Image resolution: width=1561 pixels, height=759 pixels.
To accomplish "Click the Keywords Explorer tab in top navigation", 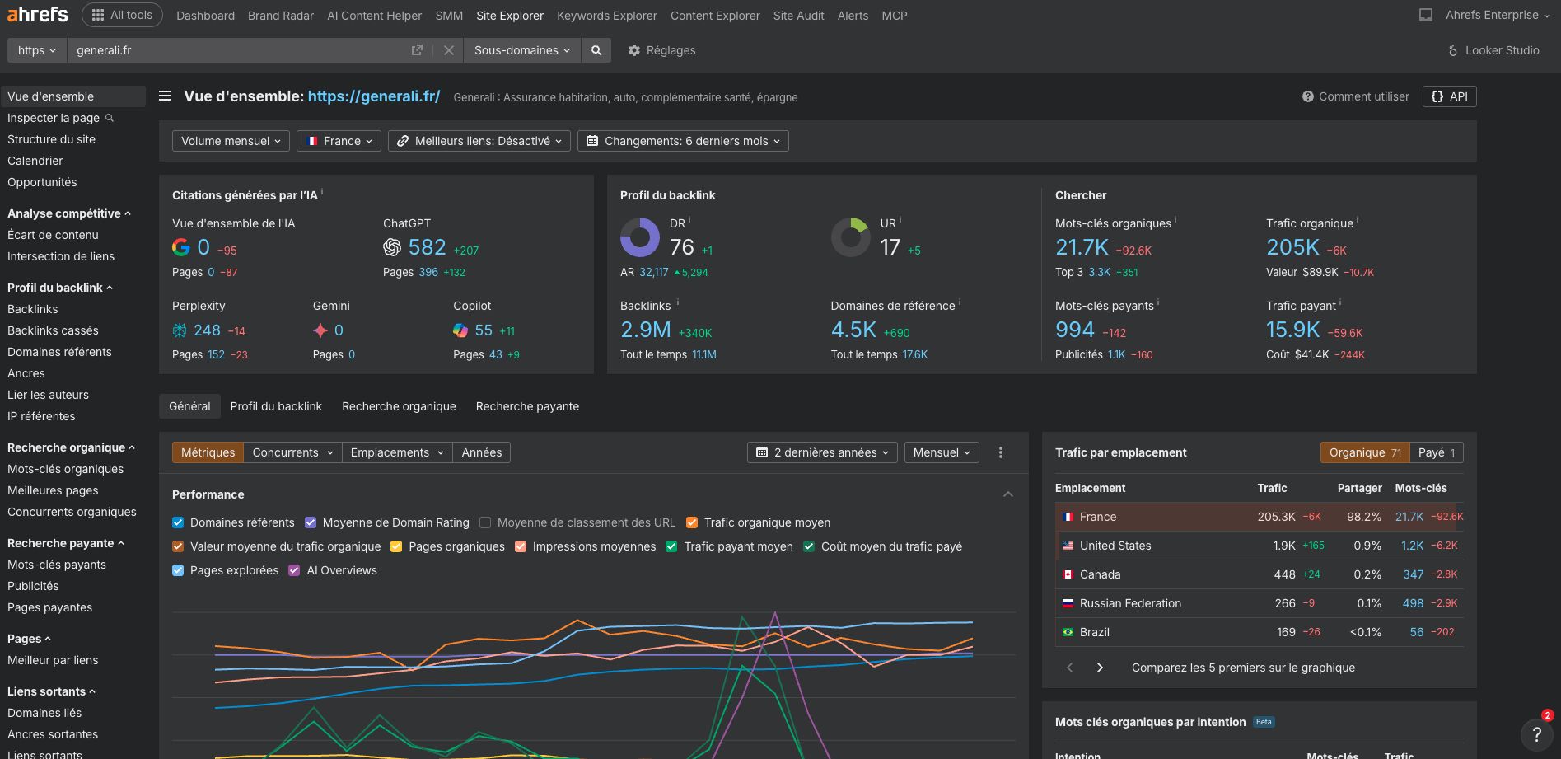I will (x=606, y=16).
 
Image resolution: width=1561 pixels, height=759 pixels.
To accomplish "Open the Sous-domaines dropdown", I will (x=521, y=50).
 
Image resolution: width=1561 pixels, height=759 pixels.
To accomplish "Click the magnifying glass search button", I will (x=596, y=50).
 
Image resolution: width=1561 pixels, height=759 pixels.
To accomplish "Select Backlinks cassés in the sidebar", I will (x=53, y=330).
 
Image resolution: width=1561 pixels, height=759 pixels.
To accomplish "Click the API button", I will (x=1450, y=96).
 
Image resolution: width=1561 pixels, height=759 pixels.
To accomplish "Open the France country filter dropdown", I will (x=339, y=141).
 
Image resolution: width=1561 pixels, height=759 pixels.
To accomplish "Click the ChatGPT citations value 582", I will (x=427, y=247).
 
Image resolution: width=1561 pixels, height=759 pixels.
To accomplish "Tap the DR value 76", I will (x=681, y=247).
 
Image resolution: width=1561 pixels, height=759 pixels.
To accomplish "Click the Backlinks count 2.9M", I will (x=645, y=330).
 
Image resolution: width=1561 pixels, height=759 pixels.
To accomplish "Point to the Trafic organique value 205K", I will (x=1292, y=247).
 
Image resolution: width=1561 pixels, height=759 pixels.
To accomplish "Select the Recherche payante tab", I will (x=527, y=406).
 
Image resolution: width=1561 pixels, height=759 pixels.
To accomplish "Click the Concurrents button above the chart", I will (x=292, y=452).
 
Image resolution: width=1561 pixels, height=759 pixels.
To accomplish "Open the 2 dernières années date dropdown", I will (x=823, y=452).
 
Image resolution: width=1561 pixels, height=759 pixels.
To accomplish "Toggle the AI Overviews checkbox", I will (x=294, y=570).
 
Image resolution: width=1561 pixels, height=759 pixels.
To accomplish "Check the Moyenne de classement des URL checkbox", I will (x=485, y=522).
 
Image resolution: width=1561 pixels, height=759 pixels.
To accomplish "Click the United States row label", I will (x=1115, y=546).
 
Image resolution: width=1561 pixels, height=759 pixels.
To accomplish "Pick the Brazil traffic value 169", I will (x=1285, y=632).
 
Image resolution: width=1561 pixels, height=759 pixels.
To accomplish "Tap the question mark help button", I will (x=1536, y=733).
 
